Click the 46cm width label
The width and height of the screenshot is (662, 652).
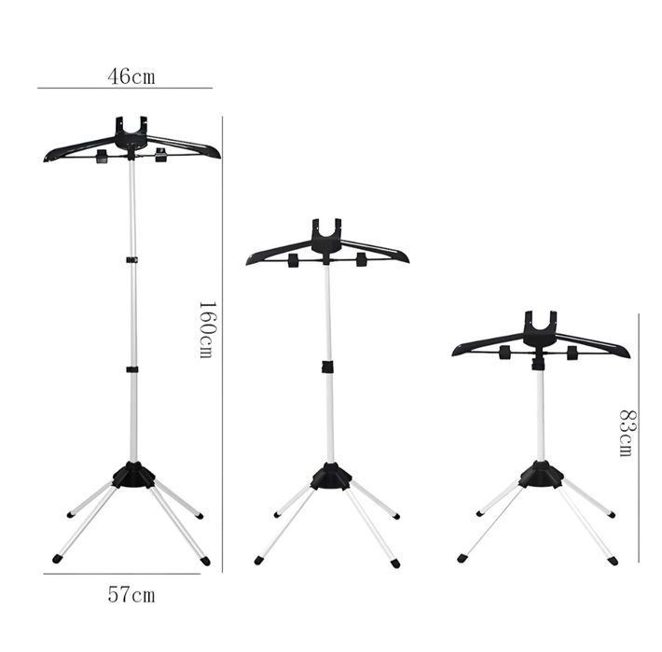131,76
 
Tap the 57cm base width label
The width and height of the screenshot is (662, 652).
131,594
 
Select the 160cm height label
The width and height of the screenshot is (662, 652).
207,329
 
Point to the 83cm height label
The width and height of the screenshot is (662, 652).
628,433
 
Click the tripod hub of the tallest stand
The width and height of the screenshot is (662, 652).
133,476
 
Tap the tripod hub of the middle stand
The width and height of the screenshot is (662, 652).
331,477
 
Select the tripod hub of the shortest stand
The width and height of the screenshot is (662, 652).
542,474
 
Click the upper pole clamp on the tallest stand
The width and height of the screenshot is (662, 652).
132,259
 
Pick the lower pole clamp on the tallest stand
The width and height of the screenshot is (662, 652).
132,369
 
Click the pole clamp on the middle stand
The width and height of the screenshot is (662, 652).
327,367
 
